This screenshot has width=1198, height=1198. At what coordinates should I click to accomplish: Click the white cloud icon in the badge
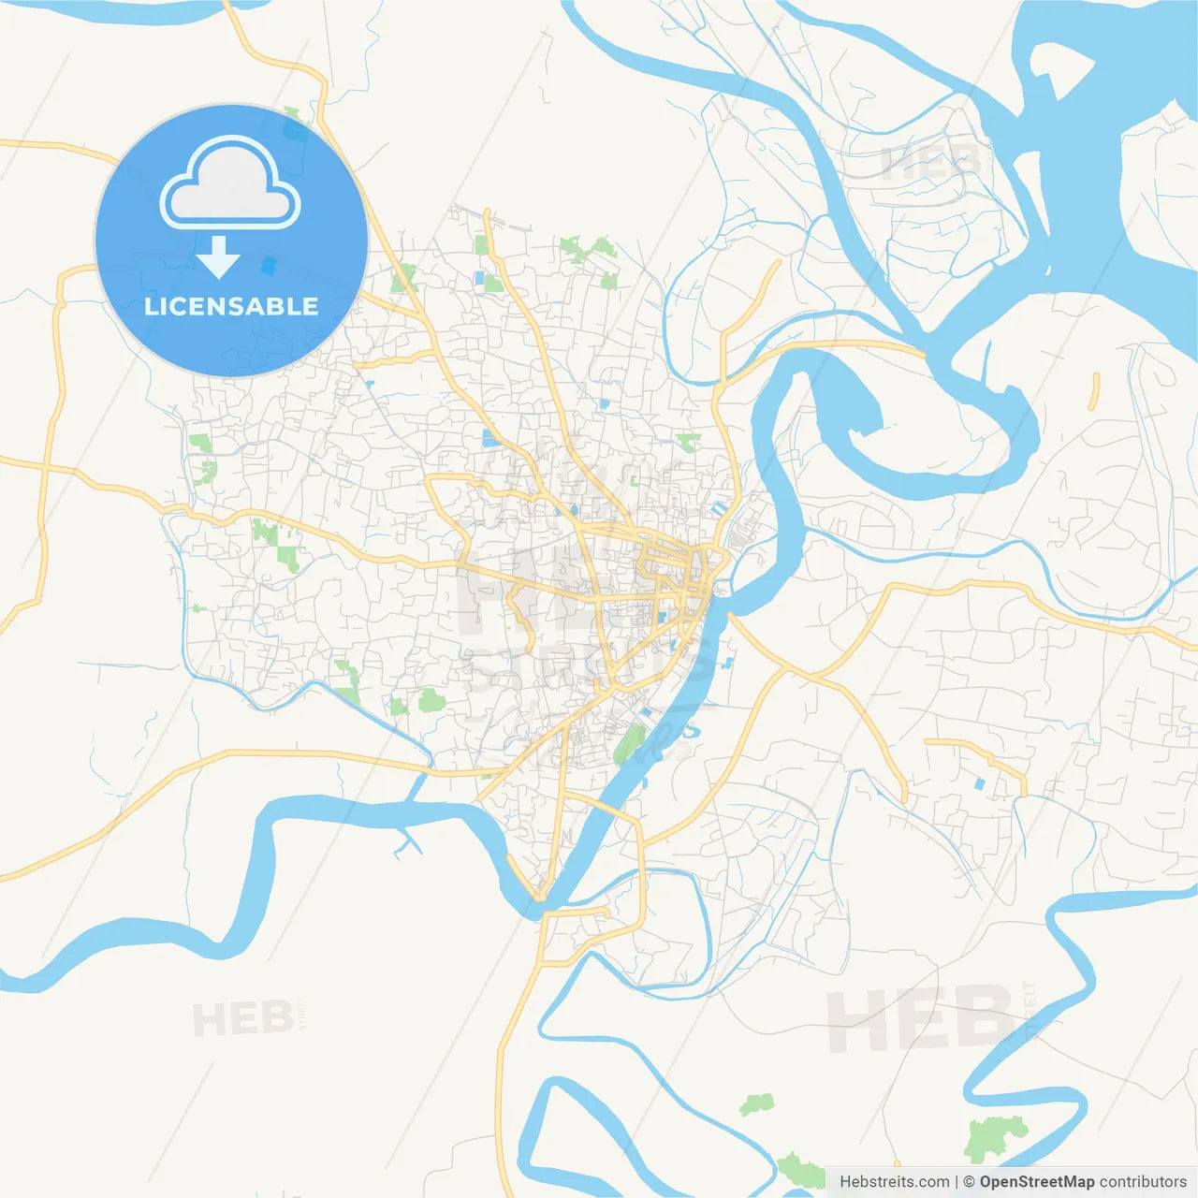230,183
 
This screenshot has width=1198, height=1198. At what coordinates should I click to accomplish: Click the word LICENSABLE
231,306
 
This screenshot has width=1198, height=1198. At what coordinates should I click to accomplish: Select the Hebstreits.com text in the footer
894,1182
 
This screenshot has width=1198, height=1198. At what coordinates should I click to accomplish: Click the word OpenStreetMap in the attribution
1036,1182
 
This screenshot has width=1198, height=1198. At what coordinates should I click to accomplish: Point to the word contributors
1143,1182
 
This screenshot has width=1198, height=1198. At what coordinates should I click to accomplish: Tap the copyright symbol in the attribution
969,1182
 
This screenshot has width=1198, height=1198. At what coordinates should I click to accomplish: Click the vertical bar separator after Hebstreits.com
957,1182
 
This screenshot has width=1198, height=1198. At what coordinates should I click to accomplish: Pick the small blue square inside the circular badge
269,266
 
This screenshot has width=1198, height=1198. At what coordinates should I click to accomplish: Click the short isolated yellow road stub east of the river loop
1095,391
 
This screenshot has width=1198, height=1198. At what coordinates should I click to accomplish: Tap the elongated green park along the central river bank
631,744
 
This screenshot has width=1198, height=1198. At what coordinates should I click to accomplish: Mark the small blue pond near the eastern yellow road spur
980,783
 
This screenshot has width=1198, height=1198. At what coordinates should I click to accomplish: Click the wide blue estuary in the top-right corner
1114,140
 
